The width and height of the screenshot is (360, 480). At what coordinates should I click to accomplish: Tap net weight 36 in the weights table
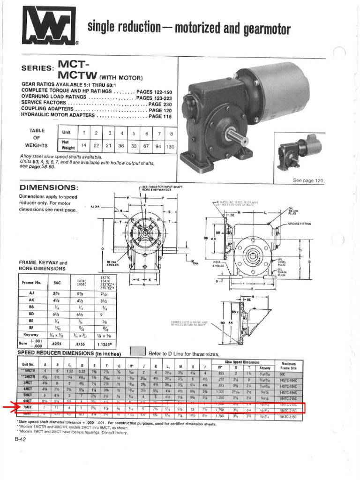(x=121, y=146)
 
